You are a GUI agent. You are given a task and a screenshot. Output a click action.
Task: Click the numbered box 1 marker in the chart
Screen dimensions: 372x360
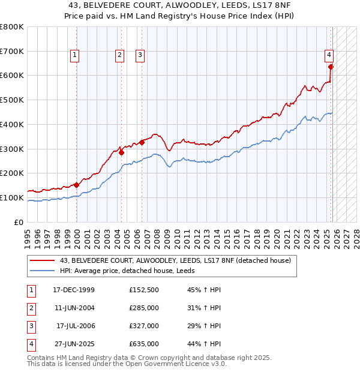(x=75, y=55)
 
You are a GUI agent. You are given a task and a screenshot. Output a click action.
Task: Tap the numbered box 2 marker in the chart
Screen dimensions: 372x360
(x=120, y=55)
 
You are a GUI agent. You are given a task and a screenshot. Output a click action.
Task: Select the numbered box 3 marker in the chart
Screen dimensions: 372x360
(x=140, y=55)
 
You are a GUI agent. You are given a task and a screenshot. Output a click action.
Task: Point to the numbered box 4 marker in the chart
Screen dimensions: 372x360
(x=329, y=55)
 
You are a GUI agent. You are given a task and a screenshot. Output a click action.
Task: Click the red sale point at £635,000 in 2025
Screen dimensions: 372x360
(x=331, y=67)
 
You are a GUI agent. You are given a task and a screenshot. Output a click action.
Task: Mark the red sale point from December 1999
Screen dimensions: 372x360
(x=77, y=185)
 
